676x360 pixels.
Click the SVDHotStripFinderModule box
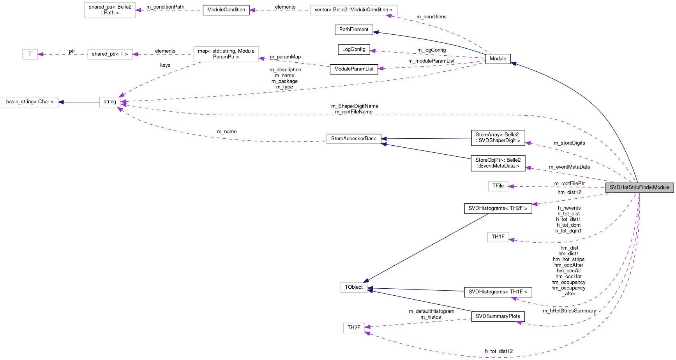tap(639, 187)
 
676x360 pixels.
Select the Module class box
tap(498, 59)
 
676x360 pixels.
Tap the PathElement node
tap(354, 30)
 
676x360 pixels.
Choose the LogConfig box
tap(354, 49)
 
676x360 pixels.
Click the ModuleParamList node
tap(354, 69)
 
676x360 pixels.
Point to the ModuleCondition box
tap(226, 10)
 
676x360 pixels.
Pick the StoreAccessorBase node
tap(354, 139)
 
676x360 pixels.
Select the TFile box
tap(498, 186)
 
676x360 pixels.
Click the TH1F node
tap(498, 237)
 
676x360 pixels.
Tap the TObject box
tap(354, 288)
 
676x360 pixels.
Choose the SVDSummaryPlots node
tap(498, 316)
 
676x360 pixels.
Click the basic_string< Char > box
tap(30, 102)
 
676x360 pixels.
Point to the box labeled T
tap(30, 54)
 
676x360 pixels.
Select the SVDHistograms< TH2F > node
tap(498, 208)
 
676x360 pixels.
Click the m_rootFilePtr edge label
tap(570, 184)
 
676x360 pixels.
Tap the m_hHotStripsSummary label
tap(569, 311)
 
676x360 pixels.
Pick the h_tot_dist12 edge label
tap(499, 351)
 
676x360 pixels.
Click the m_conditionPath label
tap(165, 7)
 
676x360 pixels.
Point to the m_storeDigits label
tap(569, 143)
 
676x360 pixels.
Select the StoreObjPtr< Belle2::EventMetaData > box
tap(498, 163)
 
